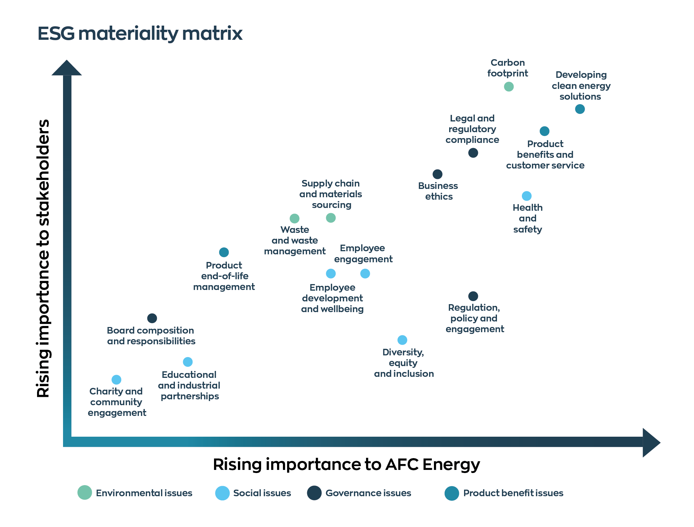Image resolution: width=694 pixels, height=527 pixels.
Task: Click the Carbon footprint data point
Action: point(508,87)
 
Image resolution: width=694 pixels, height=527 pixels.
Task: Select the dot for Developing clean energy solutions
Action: point(580,109)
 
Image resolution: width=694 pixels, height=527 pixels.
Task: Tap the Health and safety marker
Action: point(526,196)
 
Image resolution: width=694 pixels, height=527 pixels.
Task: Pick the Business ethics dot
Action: point(437,174)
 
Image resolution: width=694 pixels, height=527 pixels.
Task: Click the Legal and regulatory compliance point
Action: point(473,153)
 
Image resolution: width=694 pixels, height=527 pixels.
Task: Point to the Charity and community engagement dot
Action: point(116,380)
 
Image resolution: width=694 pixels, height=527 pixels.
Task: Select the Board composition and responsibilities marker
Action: point(152,318)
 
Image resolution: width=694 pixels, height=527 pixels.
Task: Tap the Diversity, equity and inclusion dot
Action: point(402,340)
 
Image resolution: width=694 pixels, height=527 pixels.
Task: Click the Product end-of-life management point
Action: point(224,252)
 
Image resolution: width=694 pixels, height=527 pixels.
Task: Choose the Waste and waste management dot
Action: point(294,218)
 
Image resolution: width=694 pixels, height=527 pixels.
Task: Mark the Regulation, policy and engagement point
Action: point(473,296)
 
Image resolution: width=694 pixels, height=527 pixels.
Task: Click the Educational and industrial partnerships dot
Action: point(188,362)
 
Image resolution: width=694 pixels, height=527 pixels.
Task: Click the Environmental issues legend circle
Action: point(84,492)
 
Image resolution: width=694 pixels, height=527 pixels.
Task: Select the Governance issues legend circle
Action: point(314,493)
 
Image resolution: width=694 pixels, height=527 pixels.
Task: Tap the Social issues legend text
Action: point(262,493)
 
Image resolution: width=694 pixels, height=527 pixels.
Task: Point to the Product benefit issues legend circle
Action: point(452,493)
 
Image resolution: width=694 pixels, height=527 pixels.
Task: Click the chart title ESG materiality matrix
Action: point(140,34)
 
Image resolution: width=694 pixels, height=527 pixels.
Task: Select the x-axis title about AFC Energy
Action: point(346,464)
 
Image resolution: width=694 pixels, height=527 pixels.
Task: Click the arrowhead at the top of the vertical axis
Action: point(67,68)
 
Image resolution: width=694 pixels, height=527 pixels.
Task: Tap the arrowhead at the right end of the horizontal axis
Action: point(651,443)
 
